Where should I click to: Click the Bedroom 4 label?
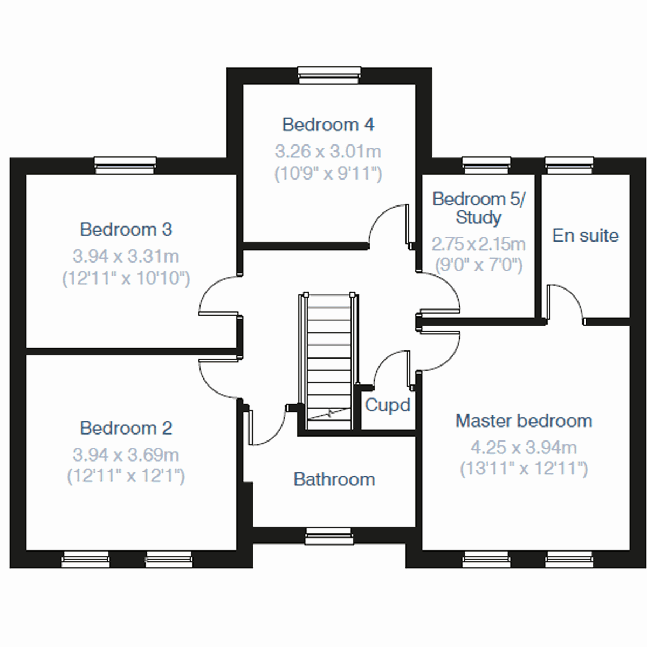coord(328,125)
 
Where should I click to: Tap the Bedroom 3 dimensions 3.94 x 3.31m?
coord(126,256)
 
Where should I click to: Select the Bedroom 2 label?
coord(126,428)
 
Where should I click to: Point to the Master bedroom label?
coord(524,421)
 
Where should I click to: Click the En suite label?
coord(585,236)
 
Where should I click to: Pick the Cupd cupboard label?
coord(387,405)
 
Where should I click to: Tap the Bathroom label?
coord(334,479)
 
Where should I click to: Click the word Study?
coord(478,218)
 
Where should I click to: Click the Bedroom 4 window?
coord(329,75)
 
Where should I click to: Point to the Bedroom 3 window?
coord(125,166)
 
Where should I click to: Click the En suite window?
coord(569,165)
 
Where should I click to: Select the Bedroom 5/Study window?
coord(486,165)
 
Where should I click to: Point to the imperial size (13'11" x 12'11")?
coord(524,469)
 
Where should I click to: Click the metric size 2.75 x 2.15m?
coord(478,244)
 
